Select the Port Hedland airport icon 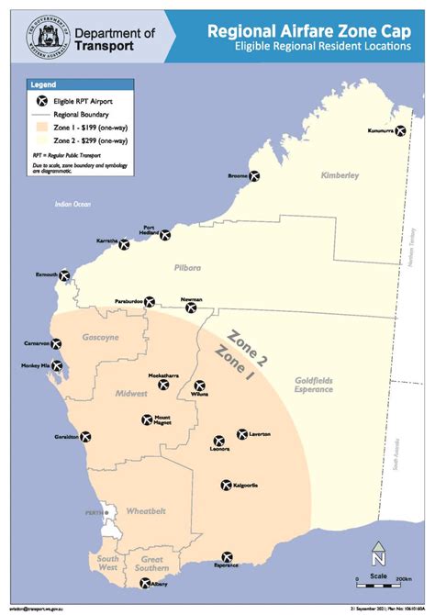[x=165, y=235]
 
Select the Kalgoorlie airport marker [x=226, y=485]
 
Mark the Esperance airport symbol [x=227, y=556]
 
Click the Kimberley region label [x=340, y=174]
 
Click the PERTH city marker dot [x=106, y=512]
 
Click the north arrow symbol [x=377, y=556]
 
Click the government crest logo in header [x=43, y=37]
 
